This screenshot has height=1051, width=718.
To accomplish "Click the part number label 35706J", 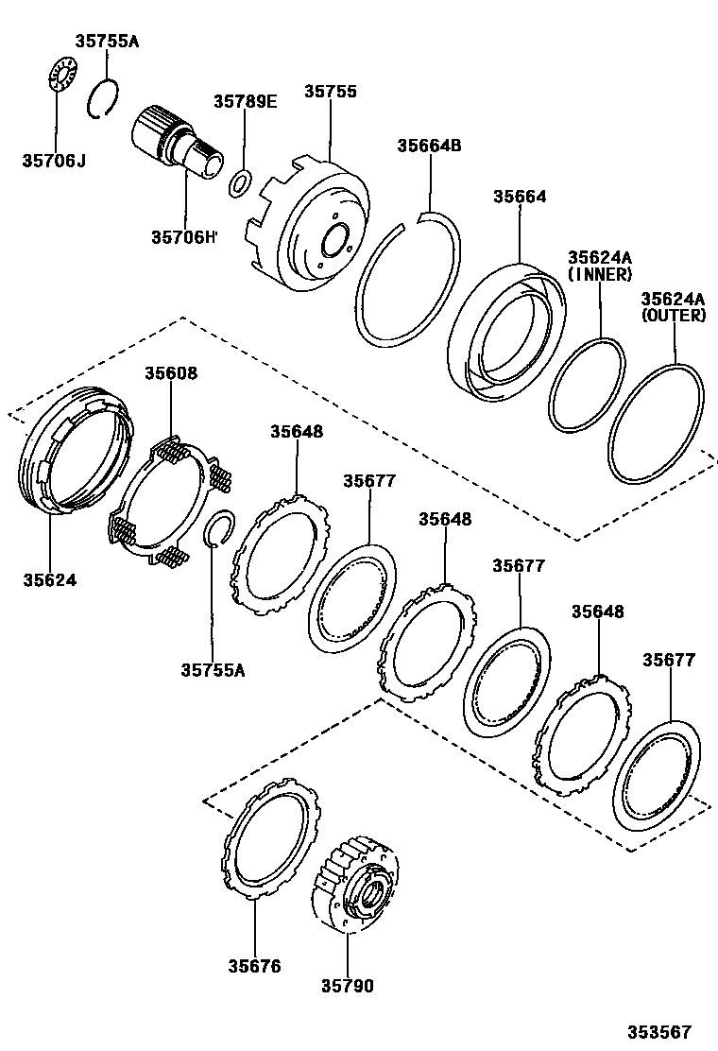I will pos(54,161).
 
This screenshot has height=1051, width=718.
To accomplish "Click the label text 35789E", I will pos(245,102).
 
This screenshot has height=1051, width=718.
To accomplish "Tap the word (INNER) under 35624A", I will pos(599,274).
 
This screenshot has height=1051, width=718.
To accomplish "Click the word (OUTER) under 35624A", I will pos(674,316).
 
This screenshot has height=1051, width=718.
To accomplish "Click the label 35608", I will pos(171,373).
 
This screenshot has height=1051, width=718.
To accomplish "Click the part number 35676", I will pos(254,966).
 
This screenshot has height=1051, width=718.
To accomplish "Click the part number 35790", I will pos(347,986).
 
